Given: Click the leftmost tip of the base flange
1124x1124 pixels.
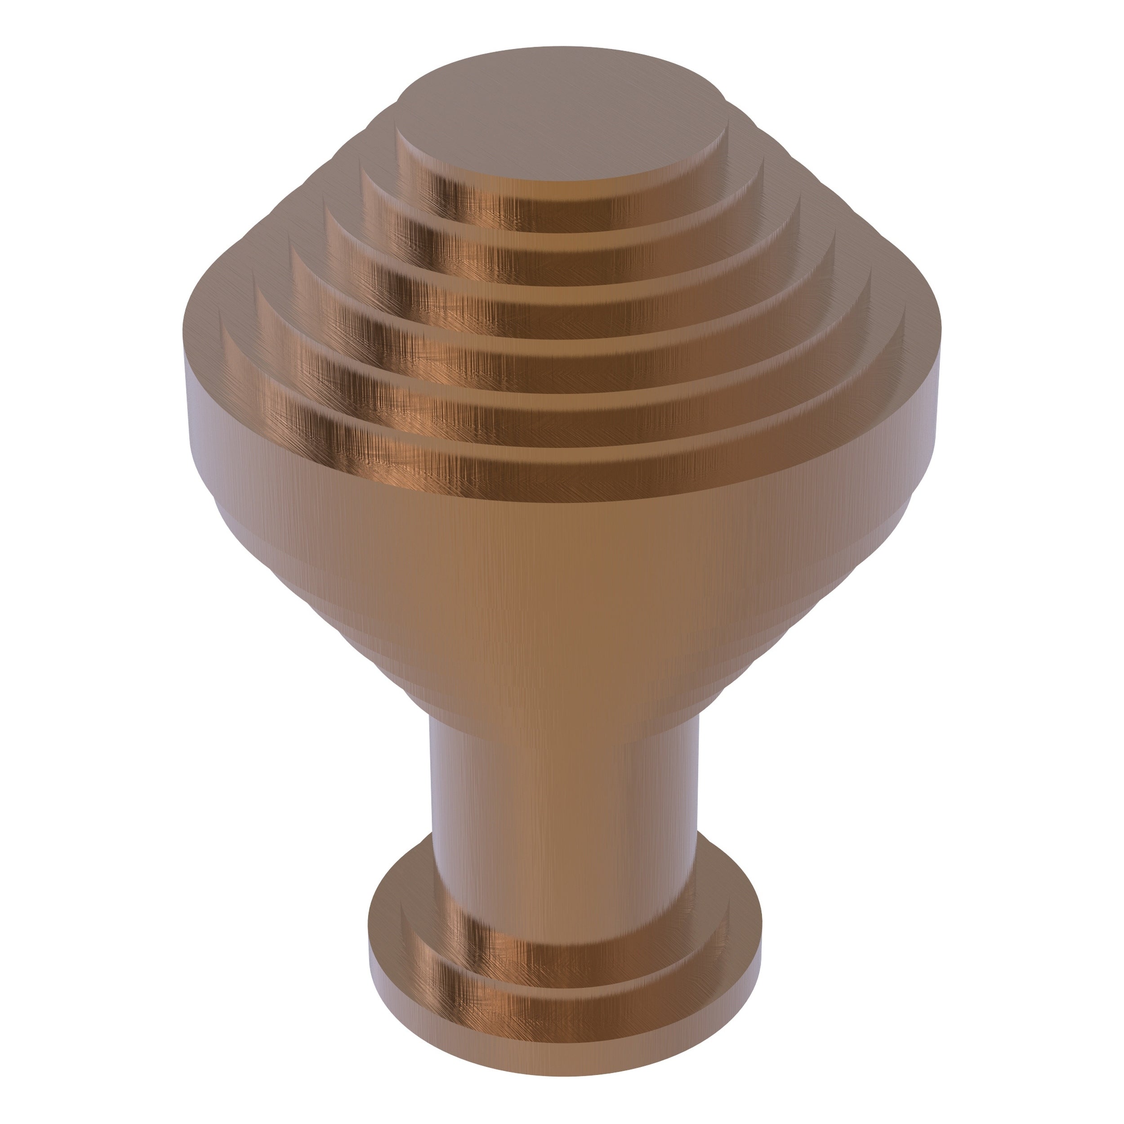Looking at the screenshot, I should click(x=370, y=954).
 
